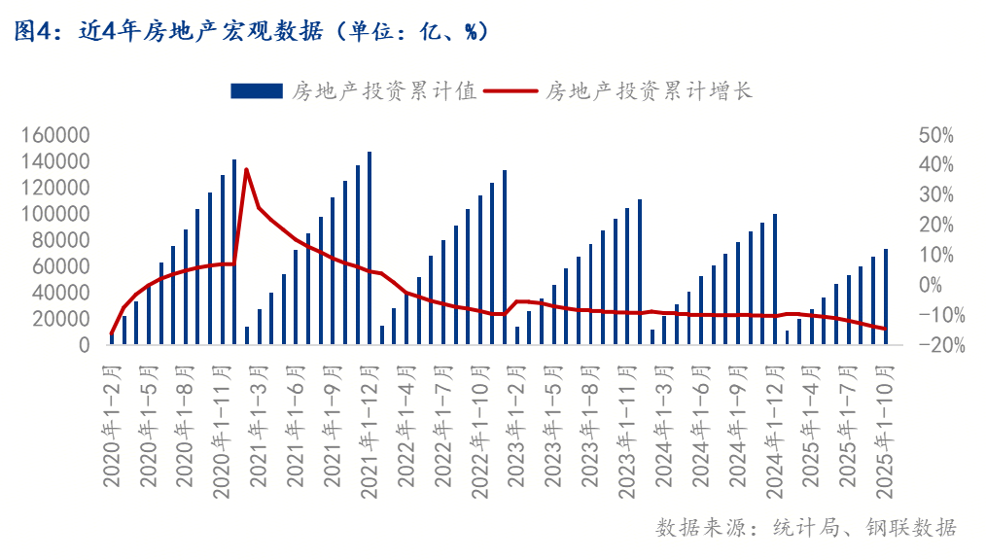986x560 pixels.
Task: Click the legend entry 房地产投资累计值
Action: [x=354, y=91]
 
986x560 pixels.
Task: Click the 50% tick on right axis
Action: [x=937, y=135]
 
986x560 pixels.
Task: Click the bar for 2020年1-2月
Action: [x=112, y=338]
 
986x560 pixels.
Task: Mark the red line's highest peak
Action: [x=247, y=169]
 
